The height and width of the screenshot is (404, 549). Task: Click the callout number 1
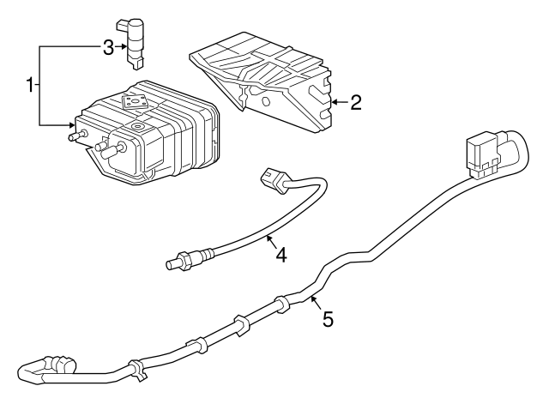[x=31, y=85]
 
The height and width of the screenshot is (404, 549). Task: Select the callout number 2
[x=355, y=103]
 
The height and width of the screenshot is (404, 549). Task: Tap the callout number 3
[x=109, y=48]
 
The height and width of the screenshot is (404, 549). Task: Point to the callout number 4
[x=281, y=255]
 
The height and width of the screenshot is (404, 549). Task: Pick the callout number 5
[x=328, y=319]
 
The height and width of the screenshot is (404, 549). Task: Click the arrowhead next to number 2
[x=335, y=102]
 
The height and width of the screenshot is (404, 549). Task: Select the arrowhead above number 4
[x=268, y=238]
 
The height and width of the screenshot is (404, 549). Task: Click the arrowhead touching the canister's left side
[x=72, y=124]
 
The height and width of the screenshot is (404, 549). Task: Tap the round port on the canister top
[x=137, y=126]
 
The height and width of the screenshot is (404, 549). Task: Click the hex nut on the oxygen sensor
[x=184, y=260]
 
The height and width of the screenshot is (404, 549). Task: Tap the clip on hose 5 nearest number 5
[x=282, y=303]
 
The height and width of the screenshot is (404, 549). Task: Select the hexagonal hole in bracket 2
[x=265, y=101]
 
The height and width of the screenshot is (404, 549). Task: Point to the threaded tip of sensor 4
[x=172, y=264]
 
